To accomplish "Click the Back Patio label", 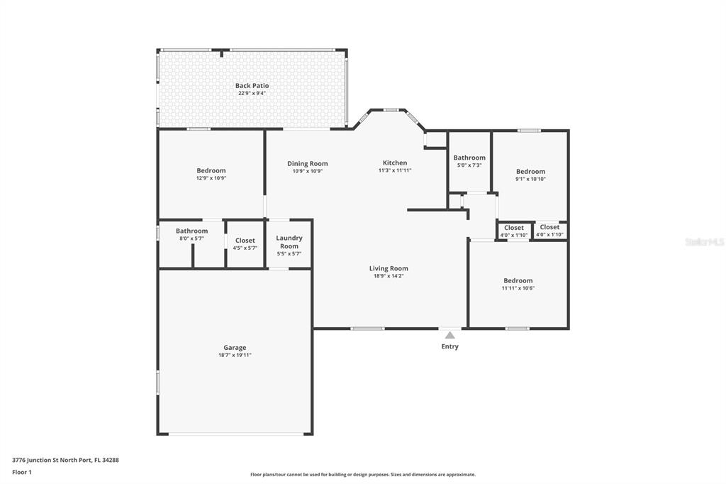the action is pos(252,85).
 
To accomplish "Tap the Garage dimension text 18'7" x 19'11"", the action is pos(235,355).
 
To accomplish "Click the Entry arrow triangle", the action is pos(449,335).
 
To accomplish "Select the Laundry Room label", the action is pos(289,242).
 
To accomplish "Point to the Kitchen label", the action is pos(395,163).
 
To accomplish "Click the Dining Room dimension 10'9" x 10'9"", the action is pos(308,171).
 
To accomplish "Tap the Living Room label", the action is pos(389,268).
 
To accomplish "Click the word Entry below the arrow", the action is pos(449,346).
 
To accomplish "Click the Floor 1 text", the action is pos(22,473).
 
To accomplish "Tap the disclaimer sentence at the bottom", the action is pos(363,475).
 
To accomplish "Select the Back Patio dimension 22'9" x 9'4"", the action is pos(252,93).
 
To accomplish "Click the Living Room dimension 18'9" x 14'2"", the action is pos(389,276).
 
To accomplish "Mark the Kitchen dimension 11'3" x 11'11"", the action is pos(395,170).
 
